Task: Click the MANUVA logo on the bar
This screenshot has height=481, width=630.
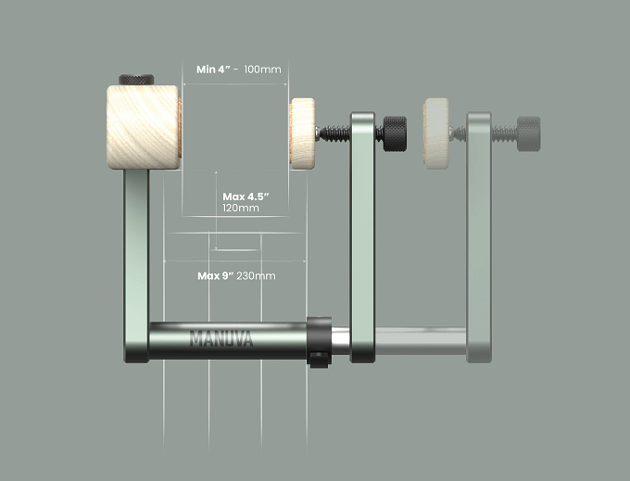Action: [x=221, y=338]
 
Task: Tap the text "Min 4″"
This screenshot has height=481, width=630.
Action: [x=213, y=70]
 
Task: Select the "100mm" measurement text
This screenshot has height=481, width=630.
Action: [x=262, y=70]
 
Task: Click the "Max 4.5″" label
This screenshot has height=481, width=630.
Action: [x=246, y=196]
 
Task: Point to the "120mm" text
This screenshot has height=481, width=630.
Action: [x=241, y=209]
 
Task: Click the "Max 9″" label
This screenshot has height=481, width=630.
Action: [x=215, y=276]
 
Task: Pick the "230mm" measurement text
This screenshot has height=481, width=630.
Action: [x=256, y=276]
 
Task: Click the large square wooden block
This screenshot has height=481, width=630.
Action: [x=143, y=127]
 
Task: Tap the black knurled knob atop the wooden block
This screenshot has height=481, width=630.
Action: [x=136, y=80]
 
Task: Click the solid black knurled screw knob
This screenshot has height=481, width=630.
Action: [x=395, y=133]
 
